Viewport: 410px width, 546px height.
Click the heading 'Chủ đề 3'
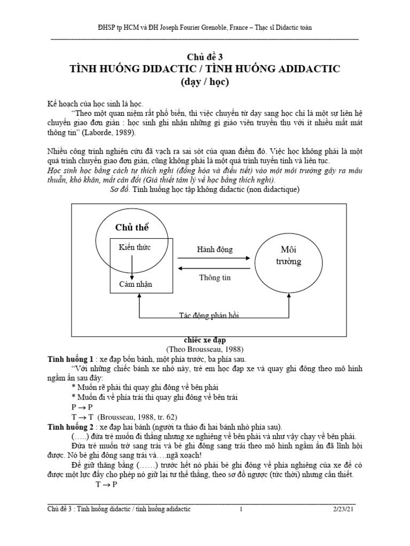pyautogui.click(x=204, y=58)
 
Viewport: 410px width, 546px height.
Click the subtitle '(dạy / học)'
pyautogui.click(x=204, y=84)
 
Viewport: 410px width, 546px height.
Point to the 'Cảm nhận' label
pyautogui.click(x=135, y=284)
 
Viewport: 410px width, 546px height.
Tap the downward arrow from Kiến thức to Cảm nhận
pyautogui.click(x=132, y=266)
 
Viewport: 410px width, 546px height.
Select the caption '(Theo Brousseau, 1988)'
pyautogui.click(x=205, y=350)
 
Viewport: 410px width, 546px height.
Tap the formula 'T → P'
pyautogui.click(x=106, y=485)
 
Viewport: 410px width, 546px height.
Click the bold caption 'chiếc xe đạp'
pyautogui.click(x=205, y=340)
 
